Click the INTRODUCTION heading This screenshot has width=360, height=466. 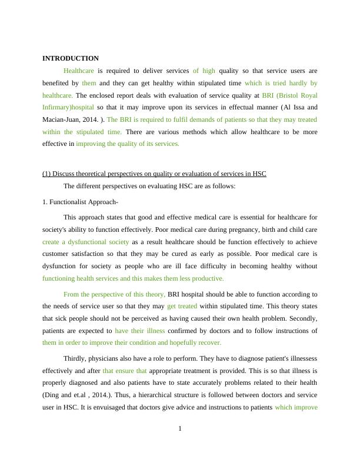71,58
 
